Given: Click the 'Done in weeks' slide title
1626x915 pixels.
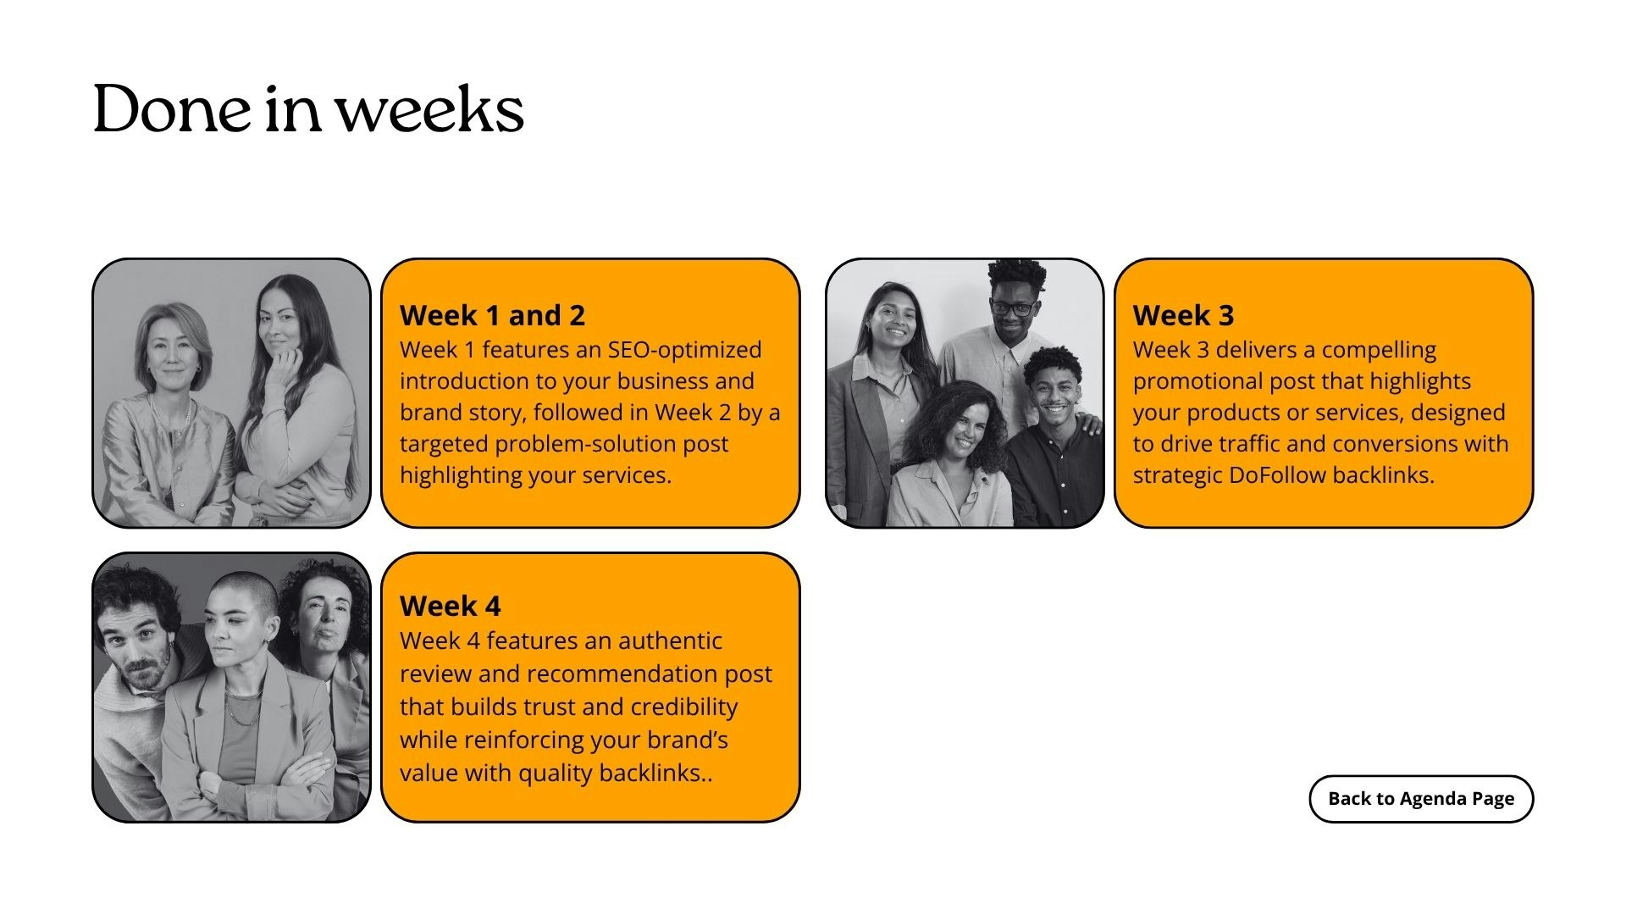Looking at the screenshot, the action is (308, 109).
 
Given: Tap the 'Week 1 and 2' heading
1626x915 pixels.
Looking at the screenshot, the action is (492, 315).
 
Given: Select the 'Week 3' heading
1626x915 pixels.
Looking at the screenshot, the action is (1183, 315).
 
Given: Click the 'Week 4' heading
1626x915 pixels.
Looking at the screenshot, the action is (450, 606).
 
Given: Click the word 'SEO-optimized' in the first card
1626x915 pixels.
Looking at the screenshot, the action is (684, 350).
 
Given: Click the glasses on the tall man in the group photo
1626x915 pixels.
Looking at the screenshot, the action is (1012, 308).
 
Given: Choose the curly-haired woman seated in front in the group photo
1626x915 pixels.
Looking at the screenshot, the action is (953, 457).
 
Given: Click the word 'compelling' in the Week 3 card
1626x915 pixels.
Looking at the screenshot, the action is (1379, 351).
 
